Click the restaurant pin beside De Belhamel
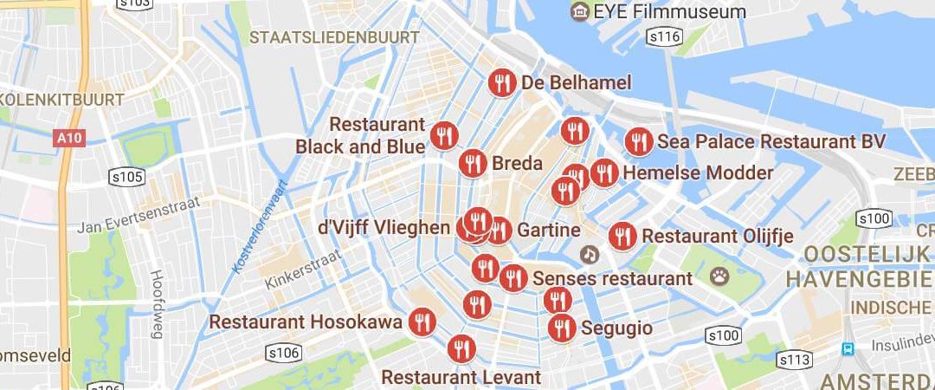click(501, 83)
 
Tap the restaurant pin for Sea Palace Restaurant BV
click(639, 141)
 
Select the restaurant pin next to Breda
click(473, 163)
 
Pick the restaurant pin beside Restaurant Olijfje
click(622, 236)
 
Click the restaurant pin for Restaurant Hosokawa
click(422, 322)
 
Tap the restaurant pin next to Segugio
click(562, 328)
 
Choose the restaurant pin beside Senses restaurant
click(513, 278)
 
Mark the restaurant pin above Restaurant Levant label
click(461, 349)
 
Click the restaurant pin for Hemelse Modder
click(604, 172)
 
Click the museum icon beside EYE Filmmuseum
click(579, 11)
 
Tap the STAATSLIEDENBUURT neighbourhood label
click(334, 37)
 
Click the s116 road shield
click(667, 36)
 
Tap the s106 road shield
click(284, 353)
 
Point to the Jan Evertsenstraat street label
click(139, 215)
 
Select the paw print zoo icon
click(720, 276)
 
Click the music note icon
click(590, 255)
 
